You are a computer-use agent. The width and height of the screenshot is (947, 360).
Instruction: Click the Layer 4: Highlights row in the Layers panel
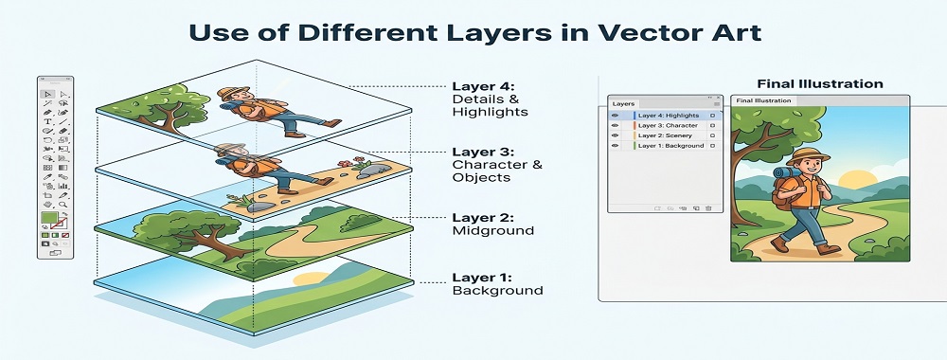(x=670, y=115)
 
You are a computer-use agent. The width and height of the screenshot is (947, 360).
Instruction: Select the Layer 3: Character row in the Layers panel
(x=670, y=125)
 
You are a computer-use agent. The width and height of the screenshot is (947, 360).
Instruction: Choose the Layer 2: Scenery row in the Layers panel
(x=666, y=135)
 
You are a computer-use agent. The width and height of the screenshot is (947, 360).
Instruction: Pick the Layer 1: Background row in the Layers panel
(x=670, y=146)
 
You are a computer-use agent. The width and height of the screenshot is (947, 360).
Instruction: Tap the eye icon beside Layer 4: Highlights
(x=615, y=115)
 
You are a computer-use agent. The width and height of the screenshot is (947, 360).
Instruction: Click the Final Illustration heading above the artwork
(x=819, y=83)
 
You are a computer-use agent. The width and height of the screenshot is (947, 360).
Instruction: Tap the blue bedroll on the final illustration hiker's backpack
(x=783, y=174)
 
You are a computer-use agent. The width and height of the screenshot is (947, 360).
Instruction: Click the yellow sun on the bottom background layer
(x=305, y=279)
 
